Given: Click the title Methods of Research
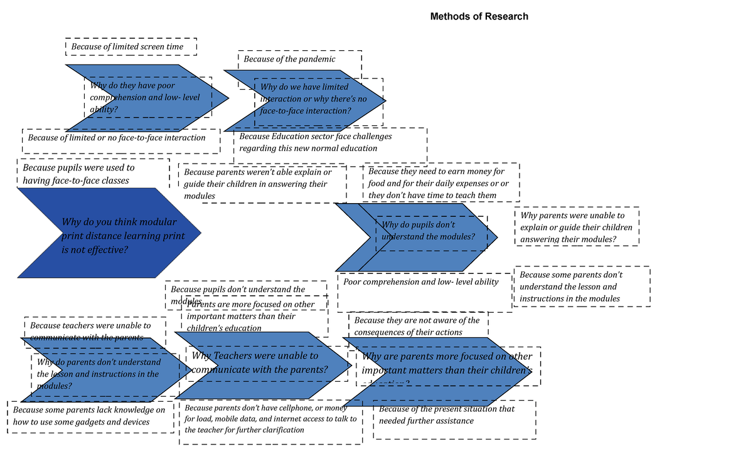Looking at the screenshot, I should (479, 17).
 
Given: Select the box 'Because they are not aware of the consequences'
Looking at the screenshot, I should (417, 326).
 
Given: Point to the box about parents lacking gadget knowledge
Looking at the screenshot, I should (89, 416).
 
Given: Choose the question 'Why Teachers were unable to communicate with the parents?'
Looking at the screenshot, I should (260, 363).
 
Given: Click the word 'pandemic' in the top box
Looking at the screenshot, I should (315, 60).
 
